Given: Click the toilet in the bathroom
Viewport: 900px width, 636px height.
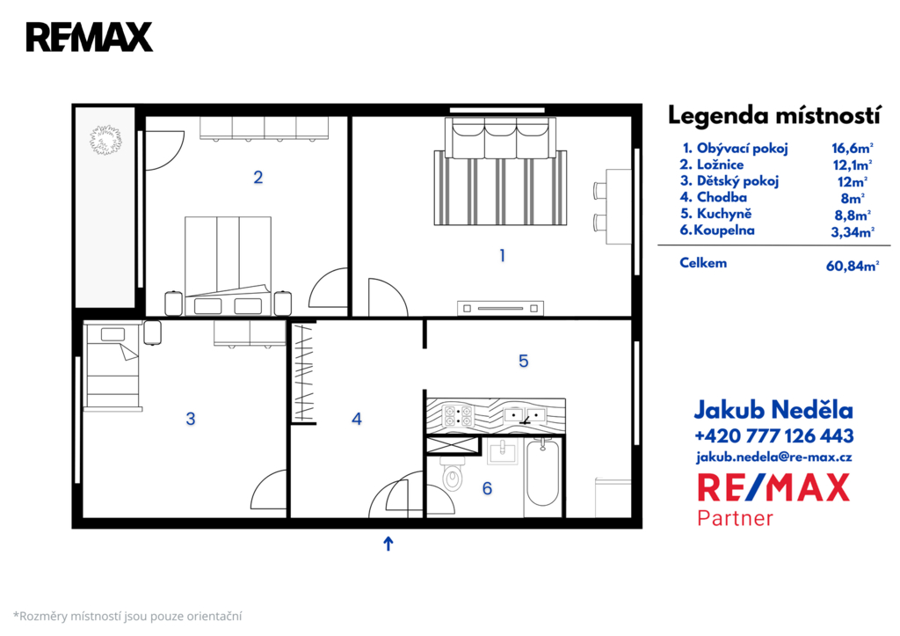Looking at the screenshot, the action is click(x=451, y=473).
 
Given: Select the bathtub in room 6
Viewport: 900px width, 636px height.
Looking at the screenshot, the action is click(x=542, y=473).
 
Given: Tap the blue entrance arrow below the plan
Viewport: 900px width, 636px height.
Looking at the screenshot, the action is click(x=388, y=544).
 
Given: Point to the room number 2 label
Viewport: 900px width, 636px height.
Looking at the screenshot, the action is click(x=258, y=178).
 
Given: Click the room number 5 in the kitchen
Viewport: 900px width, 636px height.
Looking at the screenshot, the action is click(x=524, y=361).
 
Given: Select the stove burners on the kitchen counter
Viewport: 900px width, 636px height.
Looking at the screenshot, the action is click(x=458, y=415).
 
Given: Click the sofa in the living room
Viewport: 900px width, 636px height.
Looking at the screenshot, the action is click(x=500, y=138).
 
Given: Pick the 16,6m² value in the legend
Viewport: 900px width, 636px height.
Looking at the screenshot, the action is click(x=853, y=149).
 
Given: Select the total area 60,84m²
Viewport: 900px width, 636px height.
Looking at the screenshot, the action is click(x=853, y=266).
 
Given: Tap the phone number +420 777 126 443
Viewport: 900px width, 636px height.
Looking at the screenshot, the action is click(x=773, y=436).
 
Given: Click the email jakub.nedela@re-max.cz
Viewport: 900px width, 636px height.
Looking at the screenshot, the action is click(x=773, y=457).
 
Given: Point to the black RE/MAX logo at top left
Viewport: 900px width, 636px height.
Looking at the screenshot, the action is click(x=90, y=37).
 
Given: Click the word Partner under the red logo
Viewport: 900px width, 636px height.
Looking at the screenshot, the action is click(x=736, y=518).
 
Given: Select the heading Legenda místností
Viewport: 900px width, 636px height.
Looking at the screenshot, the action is click(x=773, y=115).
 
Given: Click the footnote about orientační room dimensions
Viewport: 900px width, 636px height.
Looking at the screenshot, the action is click(x=127, y=617).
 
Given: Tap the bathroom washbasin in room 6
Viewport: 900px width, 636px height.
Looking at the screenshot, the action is click(x=502, y=451).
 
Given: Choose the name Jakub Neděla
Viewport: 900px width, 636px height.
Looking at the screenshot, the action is click(x=773, y=410).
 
